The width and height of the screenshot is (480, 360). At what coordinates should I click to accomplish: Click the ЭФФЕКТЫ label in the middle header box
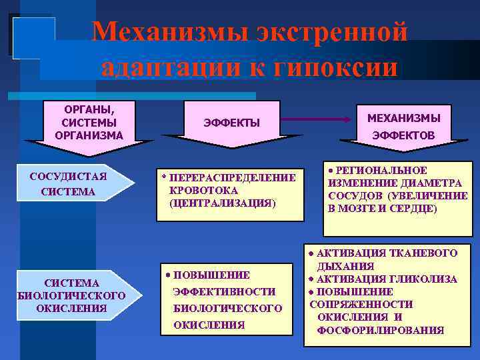point(231,123)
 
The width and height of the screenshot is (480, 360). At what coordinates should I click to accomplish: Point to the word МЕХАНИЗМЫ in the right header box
point(405,118)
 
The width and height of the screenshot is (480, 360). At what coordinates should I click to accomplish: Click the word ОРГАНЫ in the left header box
point(89,109)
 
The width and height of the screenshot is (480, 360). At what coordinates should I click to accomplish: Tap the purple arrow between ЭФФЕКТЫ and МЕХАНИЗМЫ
point(316,119)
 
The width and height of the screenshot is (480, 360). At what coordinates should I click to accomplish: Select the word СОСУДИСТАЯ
point(69,177)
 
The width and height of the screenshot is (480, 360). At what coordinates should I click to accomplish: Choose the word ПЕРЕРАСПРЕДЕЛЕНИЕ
point(233,177)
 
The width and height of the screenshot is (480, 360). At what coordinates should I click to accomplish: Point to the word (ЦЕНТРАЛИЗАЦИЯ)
point(222,203)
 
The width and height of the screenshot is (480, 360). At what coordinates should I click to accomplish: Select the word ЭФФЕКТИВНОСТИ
point(224,291)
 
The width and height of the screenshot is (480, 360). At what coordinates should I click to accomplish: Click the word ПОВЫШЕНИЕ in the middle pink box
point(211,275)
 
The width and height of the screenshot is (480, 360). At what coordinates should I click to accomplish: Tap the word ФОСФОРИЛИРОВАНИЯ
point(381,329)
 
